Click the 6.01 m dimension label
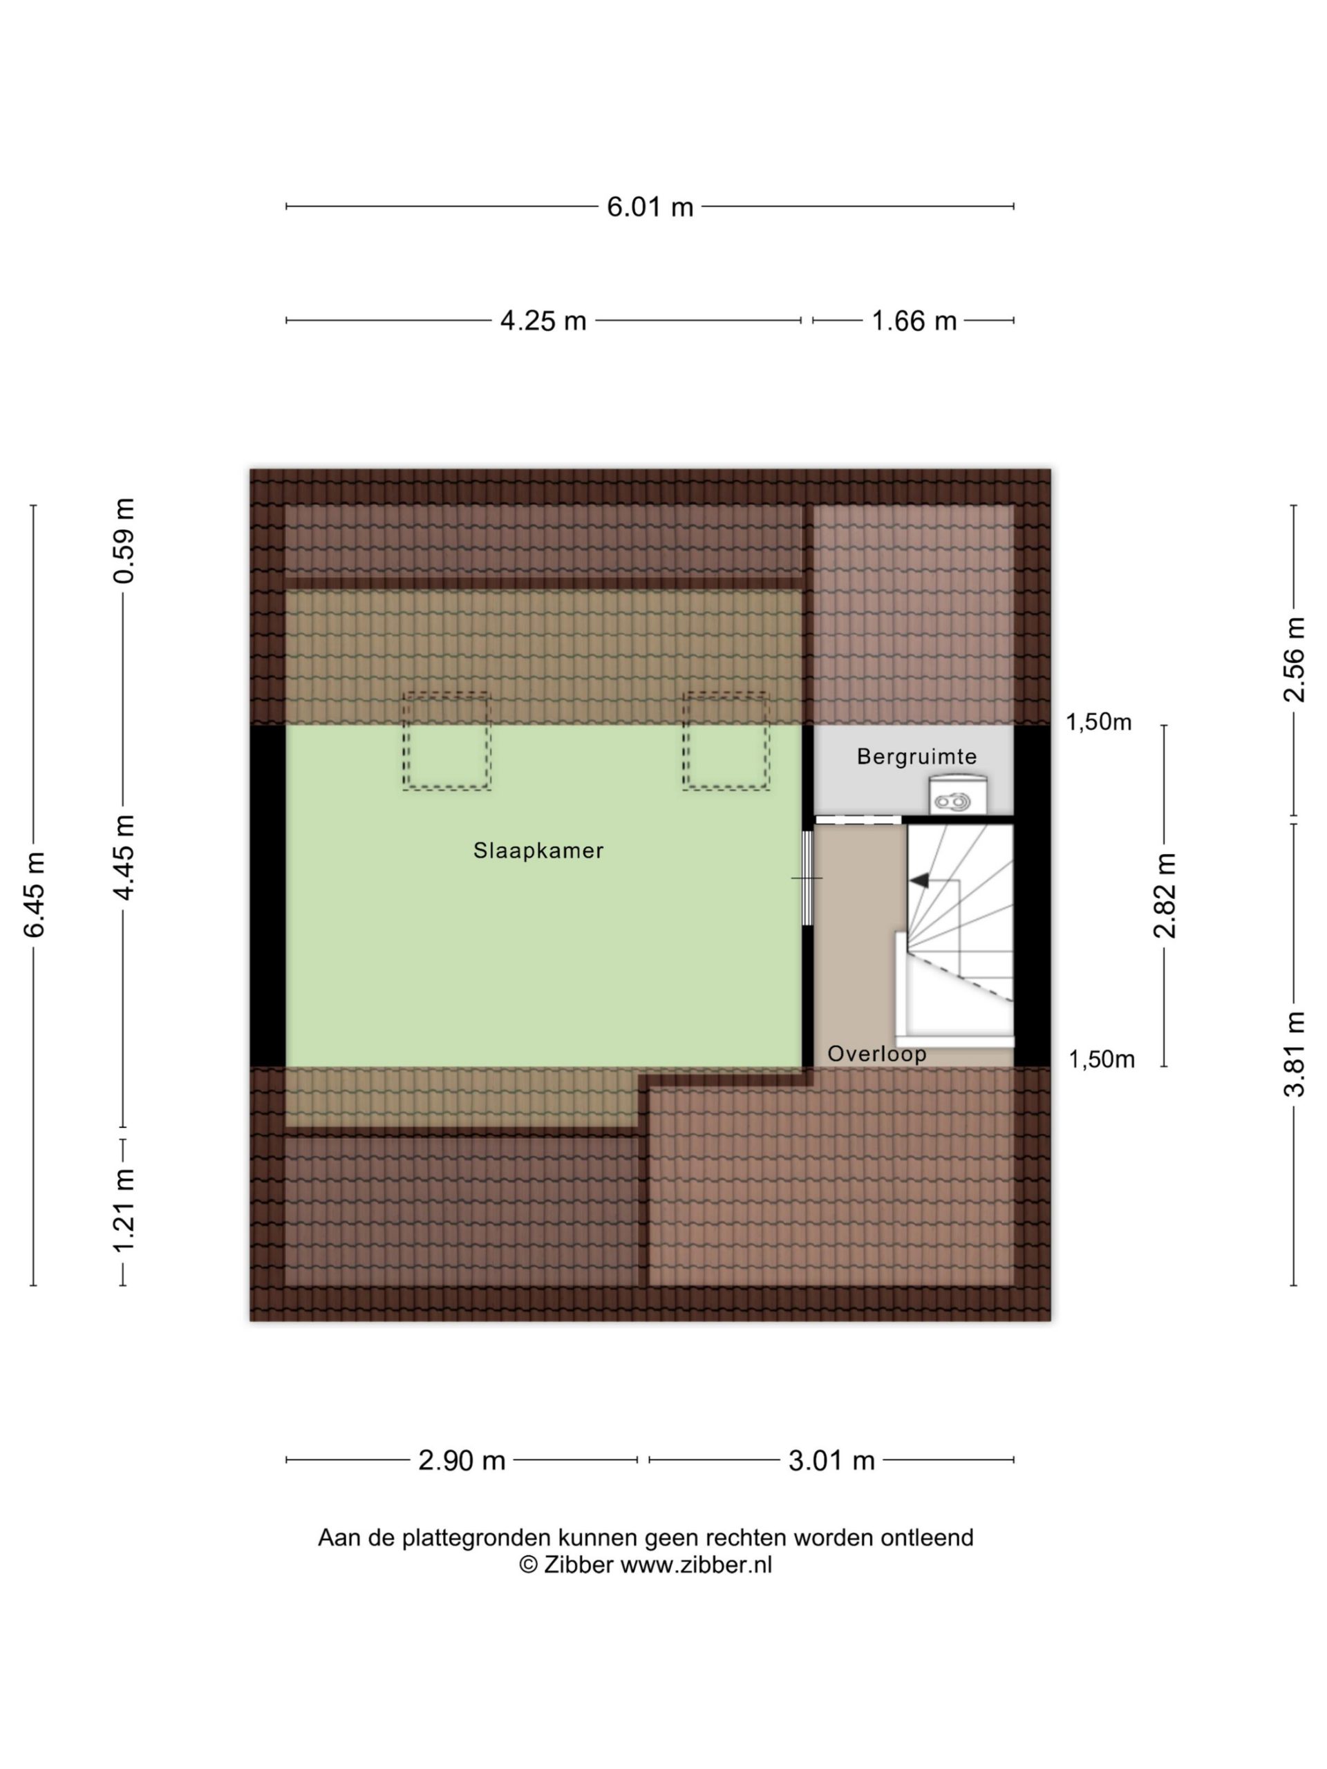coord(650,207)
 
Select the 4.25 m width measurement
coord(543,321)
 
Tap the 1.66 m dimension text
coord(914,321)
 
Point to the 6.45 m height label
coord(34,894)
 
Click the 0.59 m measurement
coord(124,540)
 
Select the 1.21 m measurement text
coord(124,1210)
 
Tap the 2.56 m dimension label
coord(1293,660)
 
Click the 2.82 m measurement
coord(1165,895)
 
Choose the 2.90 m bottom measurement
coord(462,1460)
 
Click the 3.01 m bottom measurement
coord(831,1460)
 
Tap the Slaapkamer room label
coord(538,850)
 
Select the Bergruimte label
coord(916,757)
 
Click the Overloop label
coord(876,1053)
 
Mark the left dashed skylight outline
coord(446,741)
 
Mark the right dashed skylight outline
coord(726,741)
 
